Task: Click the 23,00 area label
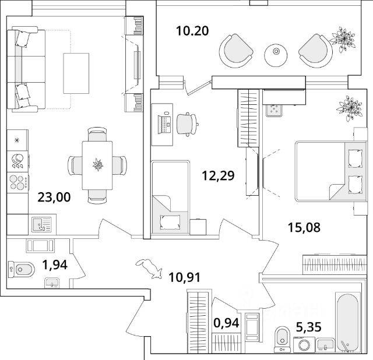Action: pyautogui.click(x=54, y=197)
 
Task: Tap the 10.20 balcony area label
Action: pyautogui.click(x=192, y=31)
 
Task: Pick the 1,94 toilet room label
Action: pyautogui.click(x=54, y=266)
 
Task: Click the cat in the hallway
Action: pyautogui.click(x=150, y=268)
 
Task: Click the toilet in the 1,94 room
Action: pyautogui.click(x=22, y=269)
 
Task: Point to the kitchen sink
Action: pyautogui.click(x=40, y=223)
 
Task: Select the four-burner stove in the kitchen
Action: pyautogui.click(x=18, y=182)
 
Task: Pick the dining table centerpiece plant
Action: pyautogui.click(x=97, y=165)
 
